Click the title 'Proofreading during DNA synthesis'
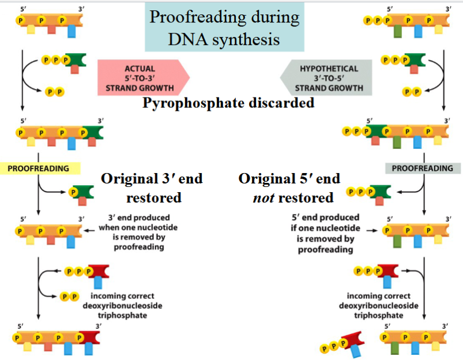coord(224,28)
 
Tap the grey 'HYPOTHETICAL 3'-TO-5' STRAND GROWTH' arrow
coord(327,78)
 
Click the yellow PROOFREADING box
coord(38,168)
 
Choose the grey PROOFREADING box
coord(422,168)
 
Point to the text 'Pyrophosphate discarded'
coord(228,103)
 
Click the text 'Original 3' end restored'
coord(152,187)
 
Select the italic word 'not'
coord(264,197)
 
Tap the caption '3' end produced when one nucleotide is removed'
coord(138,232)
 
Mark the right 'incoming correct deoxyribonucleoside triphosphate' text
coord(379,306)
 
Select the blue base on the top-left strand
coord(71,31)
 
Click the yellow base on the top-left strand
coord(31,28)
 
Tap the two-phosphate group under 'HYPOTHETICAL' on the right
coord(412,91)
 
